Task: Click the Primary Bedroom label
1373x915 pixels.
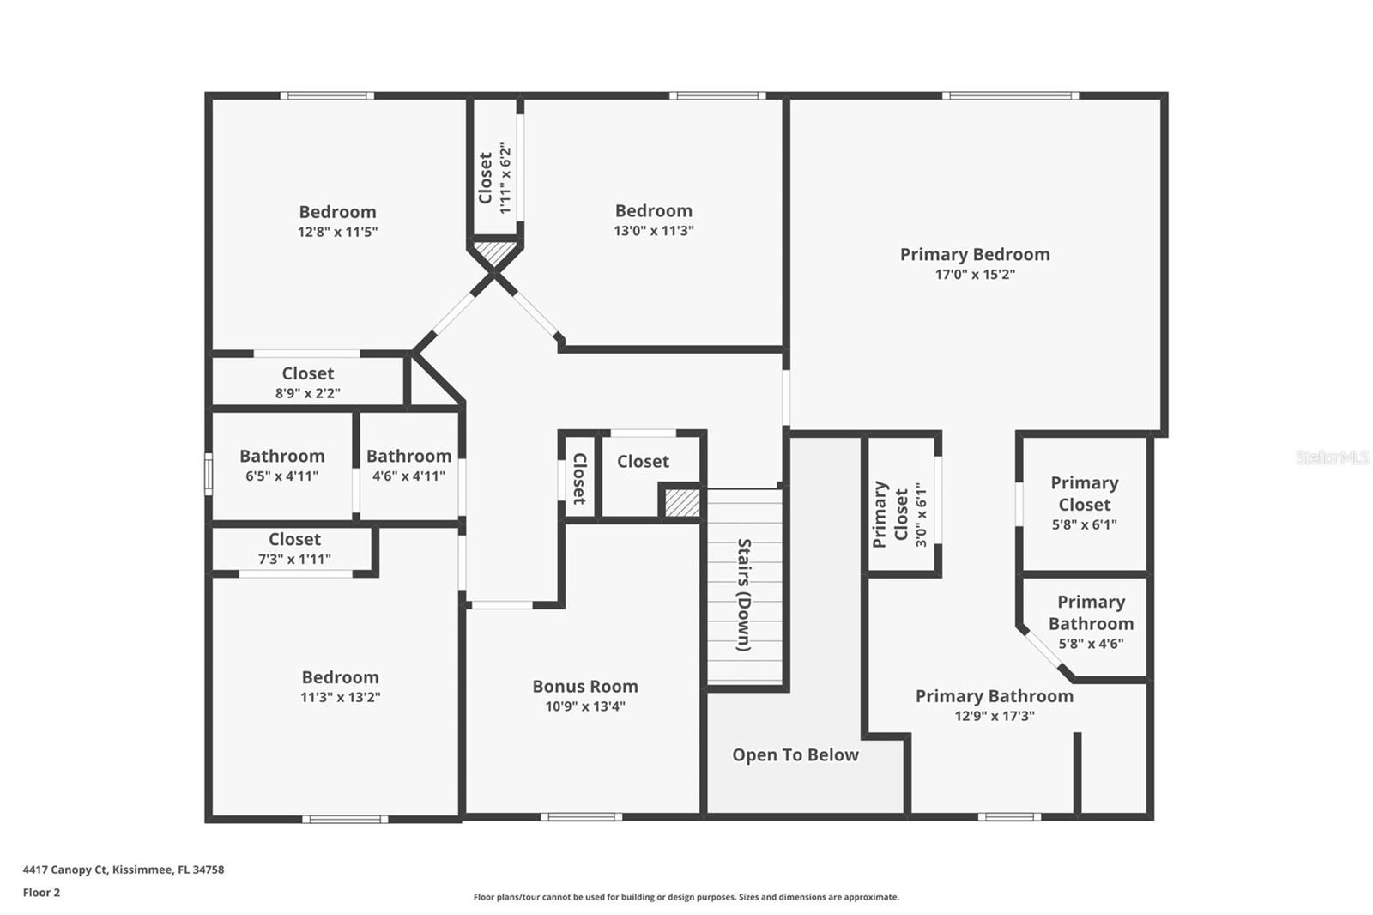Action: click(x=974, y=254)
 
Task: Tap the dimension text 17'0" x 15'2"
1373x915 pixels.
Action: click(x=974, y=275)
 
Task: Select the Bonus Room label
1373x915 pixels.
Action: click(x=584, y=686)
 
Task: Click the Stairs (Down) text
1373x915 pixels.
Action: click(x=744, y=595)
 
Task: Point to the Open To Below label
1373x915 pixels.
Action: click(x=795, y=754)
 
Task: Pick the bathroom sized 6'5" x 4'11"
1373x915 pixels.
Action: click(x=281, y=465)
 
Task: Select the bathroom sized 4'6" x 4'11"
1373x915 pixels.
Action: click(x=408, y=465)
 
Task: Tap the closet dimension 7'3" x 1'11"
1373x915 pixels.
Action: click(x=294, y=559)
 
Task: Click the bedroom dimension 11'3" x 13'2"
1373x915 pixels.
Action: click(x=340, y=697)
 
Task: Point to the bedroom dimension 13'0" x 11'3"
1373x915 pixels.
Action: click(x=653, y=230)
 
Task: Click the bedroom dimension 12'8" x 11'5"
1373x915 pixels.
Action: click(x=337, y=232)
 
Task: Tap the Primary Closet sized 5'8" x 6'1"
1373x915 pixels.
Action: click(x=1084, y=503)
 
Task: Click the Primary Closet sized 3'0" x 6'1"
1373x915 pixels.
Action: click(x=900, y=514)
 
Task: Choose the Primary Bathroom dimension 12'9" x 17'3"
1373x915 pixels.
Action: click(x=994, y=716)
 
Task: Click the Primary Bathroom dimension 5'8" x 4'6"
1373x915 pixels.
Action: click(x=1090, y=643)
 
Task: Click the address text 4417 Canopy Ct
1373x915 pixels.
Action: click(x=65, y=870)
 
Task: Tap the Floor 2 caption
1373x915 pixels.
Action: click(x=41, y=893)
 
